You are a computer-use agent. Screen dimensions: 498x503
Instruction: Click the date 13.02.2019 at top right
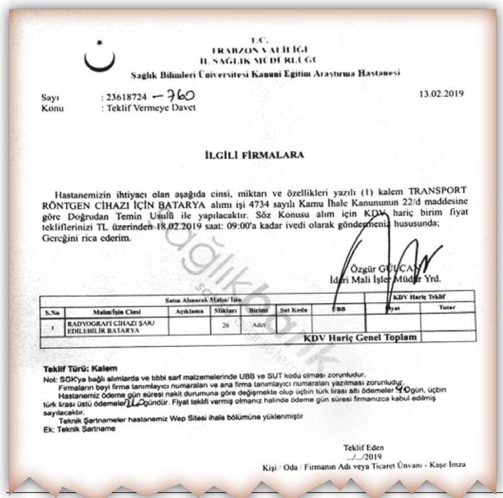tap(441, 94)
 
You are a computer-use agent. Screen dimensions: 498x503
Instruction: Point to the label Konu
tap(53, 107)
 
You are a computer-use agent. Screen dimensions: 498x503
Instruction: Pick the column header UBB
tap(338, 309)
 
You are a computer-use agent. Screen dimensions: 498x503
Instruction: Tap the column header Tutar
tap(446, 307)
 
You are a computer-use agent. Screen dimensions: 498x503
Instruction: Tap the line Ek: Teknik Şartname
tap(76, 429)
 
